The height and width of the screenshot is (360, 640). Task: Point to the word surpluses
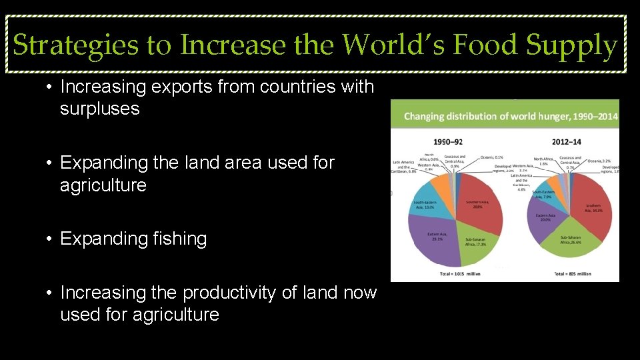(x=99, y=109)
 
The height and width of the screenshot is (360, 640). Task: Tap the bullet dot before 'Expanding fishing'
(x=49, y=239)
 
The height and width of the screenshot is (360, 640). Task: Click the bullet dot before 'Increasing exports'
(x=49, y=87)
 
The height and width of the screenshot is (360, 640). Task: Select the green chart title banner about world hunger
(x=505, y=117)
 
